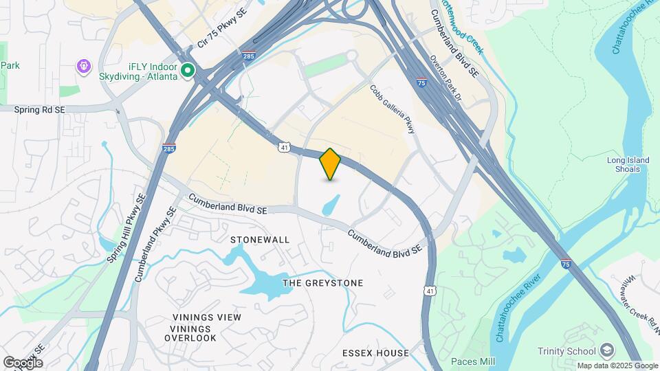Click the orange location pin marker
(330, 164)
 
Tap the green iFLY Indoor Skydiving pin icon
(187, 71)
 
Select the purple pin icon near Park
(85, 67)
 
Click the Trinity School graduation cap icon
(606, 351)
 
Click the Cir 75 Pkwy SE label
(221, 29)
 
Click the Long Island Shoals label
(628, 166)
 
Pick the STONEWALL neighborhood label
(260, 240)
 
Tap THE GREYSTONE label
(323, 283)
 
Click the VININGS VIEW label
(206, 317)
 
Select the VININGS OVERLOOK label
(193, 333)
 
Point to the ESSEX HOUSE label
(375, 353)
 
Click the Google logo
(23, 362)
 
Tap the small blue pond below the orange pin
(331, 204)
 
